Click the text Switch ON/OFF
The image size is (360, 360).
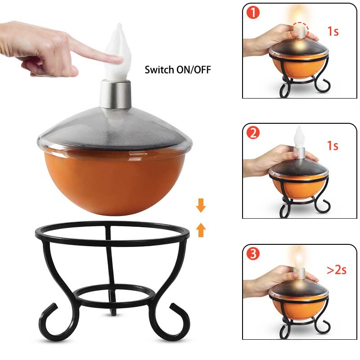click(x=178, y=70)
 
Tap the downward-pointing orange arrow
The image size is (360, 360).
click(x=201, y=206)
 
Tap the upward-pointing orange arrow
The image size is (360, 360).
click(x=201, y=230)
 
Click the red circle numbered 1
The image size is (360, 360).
click(x=253, y=13)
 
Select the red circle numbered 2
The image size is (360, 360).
click(x=253, y=133)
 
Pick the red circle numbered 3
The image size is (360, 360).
click(x=253, y=253)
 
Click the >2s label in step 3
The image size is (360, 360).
click(x=337, y=270)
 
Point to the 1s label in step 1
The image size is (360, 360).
click(x=333, y=31)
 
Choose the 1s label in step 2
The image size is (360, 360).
click(x=333, y=145)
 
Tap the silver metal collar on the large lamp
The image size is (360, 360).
click(x=116, y=94)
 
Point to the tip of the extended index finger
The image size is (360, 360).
click(x=121, y=60)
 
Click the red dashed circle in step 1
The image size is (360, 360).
click(x=299, y=31)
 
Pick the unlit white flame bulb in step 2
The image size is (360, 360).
click(x=299, y=137)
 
